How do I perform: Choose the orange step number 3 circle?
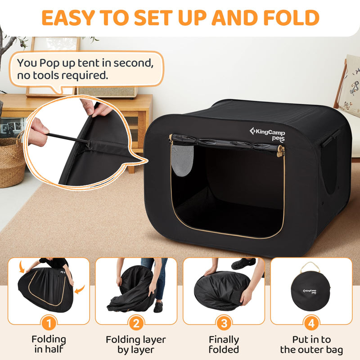tap(224, 323)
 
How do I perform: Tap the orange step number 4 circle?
tap(311, 323)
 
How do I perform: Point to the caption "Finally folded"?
tap(224, 344)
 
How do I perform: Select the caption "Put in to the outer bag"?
tap(311, 344)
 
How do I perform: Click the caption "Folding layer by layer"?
tap(136, 344)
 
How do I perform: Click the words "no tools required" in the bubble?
tap(63, 75)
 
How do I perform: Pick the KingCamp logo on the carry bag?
tap(309, 291)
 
